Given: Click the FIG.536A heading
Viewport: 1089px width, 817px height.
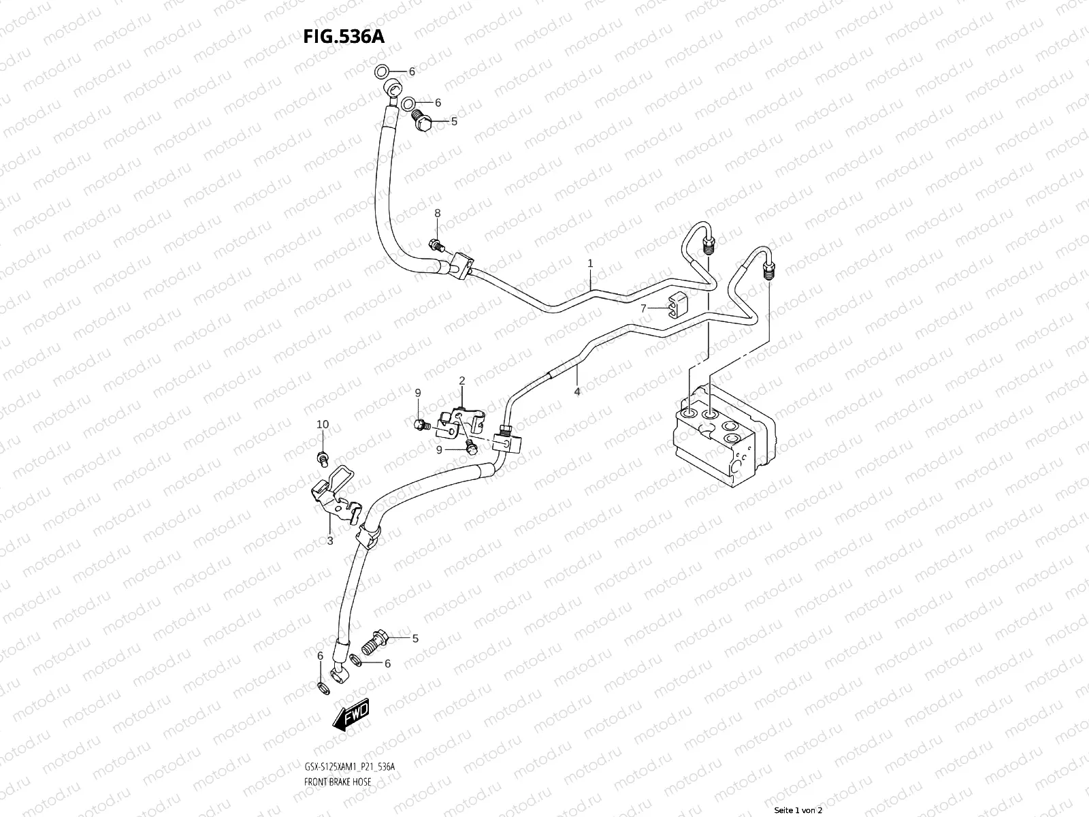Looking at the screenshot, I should coord(344,36).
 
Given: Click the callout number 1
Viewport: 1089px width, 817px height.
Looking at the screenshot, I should coord(591,263).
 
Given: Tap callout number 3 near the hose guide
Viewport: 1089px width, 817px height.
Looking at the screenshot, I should coord(330,541).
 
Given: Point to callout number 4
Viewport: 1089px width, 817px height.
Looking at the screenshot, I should coord(577,391).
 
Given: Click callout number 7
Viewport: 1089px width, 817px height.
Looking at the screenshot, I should coord(643,309).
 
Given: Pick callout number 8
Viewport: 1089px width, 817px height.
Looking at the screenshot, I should coord(438,213).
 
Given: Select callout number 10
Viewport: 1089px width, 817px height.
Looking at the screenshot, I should coord(323,424).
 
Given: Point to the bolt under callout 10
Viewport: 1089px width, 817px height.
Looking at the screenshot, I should coord(323,458).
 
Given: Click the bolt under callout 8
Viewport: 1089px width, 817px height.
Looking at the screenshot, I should coord(436,244).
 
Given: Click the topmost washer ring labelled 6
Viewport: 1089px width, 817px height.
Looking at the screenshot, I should coord(383,71).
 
